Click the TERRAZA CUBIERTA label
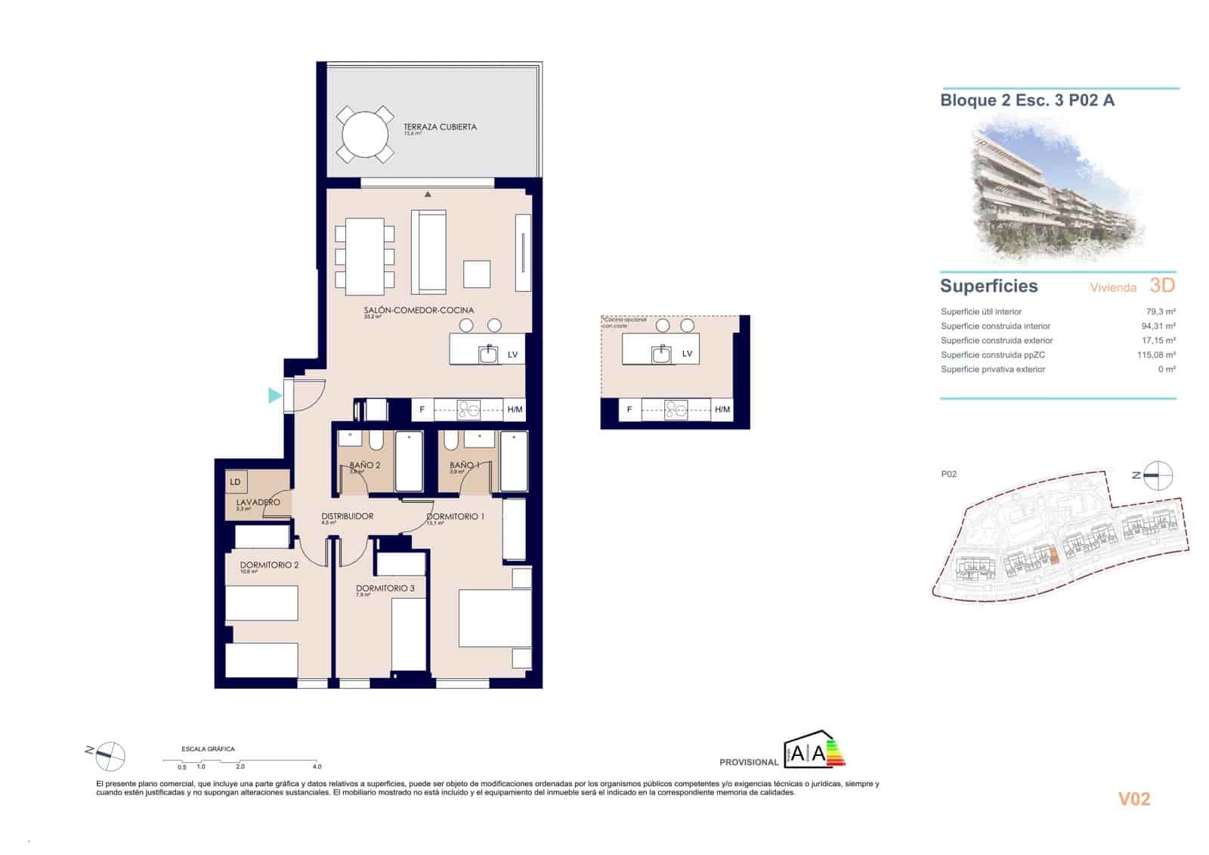pos(440,127)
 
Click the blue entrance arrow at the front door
pos(274,395)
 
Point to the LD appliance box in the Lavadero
pos(236,482)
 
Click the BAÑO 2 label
pos(364,465)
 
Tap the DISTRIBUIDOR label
pos(347,516)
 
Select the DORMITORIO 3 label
pos(385,588)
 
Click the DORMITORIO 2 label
pos(269,565)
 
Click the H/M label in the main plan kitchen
pos(515,410)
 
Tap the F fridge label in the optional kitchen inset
pos(629,410)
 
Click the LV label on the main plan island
pos(512,355)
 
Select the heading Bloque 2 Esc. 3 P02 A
pos(1027,100)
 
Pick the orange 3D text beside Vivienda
pos(1162,285)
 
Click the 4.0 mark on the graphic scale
pos(317,767)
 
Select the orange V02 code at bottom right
pos(1133,799)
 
